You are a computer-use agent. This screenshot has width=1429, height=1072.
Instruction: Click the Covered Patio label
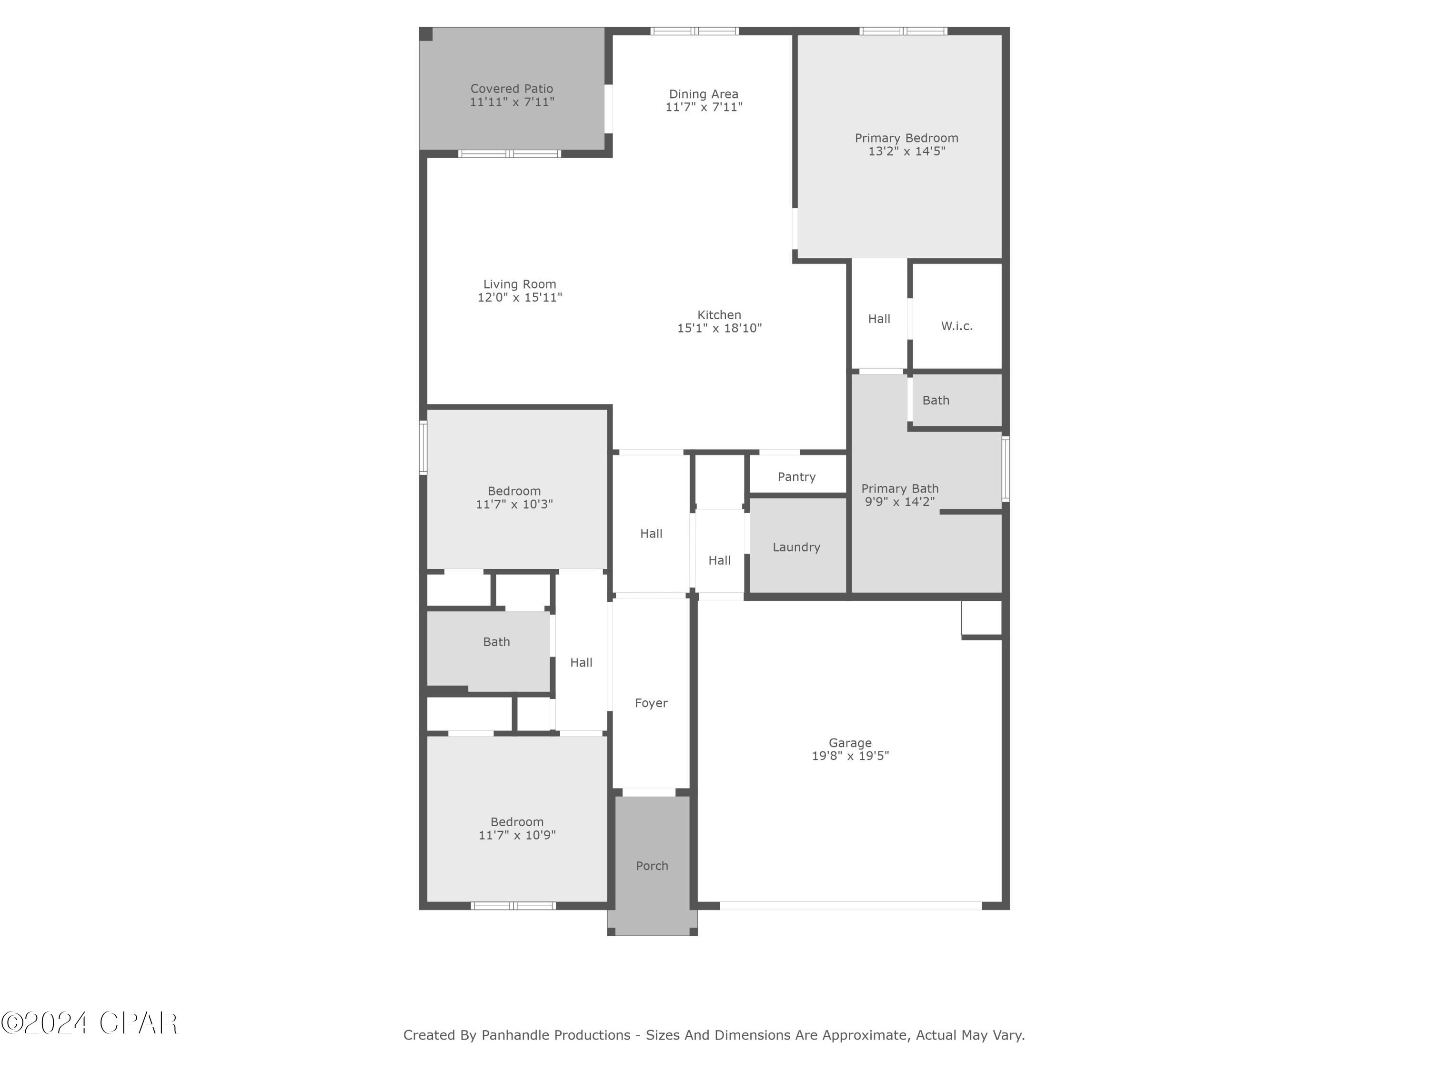click(x=511, y=89)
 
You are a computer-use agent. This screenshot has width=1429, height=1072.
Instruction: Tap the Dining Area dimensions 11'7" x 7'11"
click(x=704, y=107)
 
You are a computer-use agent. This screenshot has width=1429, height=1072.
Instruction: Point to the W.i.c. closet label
click(x=956, y=326)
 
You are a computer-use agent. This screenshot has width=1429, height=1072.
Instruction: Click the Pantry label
click(x=796, y=476)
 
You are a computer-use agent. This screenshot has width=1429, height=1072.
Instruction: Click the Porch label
click(x=651, y=865)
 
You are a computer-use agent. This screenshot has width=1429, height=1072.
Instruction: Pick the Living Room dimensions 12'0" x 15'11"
click(x=519, y=297)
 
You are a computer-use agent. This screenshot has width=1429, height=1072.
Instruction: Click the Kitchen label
click(x=718, y=314)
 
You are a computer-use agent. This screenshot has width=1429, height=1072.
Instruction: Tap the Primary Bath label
click(x=899, y=488)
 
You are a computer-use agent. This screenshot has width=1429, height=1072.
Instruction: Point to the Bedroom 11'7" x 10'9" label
click(x=516, y=822)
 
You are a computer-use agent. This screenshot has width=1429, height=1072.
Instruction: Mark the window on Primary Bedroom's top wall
click(x=903, y=30)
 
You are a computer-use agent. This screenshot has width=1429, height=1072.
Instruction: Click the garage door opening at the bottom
click(x=850, y=905)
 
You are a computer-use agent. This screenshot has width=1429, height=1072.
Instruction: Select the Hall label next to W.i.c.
click(x=878, y=319)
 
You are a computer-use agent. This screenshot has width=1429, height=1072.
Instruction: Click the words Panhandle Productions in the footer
click(x=555, y=1035)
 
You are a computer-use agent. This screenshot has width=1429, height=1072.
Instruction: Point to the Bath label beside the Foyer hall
click(x=496, y=642)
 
